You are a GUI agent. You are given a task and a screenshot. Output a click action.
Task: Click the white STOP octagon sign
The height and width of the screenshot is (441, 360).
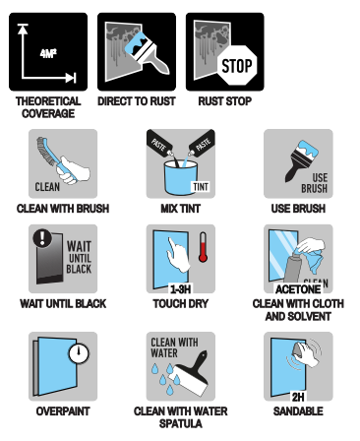tap(237, 65)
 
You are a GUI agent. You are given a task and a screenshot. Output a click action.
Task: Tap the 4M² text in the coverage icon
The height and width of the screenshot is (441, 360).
tap(48, 53)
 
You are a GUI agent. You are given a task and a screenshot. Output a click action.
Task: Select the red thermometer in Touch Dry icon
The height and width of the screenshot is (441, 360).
tap(203, 247)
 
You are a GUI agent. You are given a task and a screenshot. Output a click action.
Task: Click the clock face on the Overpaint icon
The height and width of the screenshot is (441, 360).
tap(79, 353)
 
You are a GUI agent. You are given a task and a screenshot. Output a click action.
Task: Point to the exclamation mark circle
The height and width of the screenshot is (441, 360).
tap(42, 237)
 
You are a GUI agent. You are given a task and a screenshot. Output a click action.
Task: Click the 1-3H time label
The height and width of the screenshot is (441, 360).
tap(180, 289)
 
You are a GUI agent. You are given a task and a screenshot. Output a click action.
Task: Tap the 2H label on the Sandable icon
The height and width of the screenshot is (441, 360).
tap(298, 398)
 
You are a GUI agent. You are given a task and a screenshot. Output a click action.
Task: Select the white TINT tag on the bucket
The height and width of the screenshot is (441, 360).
tap(201, 187)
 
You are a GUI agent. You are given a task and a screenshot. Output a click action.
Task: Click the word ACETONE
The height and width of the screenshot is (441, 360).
tap(298, 289)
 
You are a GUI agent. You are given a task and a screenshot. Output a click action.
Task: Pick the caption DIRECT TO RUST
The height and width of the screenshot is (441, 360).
tap(137, 101)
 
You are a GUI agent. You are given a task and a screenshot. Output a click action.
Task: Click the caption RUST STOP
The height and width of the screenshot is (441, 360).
tap(225, 101)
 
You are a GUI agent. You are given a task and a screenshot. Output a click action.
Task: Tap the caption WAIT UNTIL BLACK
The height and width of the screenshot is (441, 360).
tap(63, 304)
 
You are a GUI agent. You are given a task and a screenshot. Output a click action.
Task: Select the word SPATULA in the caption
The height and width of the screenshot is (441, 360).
tap(180, 423)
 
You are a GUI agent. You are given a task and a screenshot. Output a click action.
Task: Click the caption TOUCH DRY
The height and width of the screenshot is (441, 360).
tap(180, 304)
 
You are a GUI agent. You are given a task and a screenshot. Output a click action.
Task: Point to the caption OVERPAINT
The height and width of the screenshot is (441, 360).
tap(63, 411)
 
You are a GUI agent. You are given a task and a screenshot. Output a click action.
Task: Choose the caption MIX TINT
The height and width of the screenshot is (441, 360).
tap(180, 209)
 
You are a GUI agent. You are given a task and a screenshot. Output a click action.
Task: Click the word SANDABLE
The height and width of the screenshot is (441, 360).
tap(298, 411)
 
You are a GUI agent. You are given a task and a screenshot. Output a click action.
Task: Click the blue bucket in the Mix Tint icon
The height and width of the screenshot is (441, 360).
tap(180, 177)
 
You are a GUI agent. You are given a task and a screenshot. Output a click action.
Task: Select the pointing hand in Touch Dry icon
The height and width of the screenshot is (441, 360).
tap(178, 255)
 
